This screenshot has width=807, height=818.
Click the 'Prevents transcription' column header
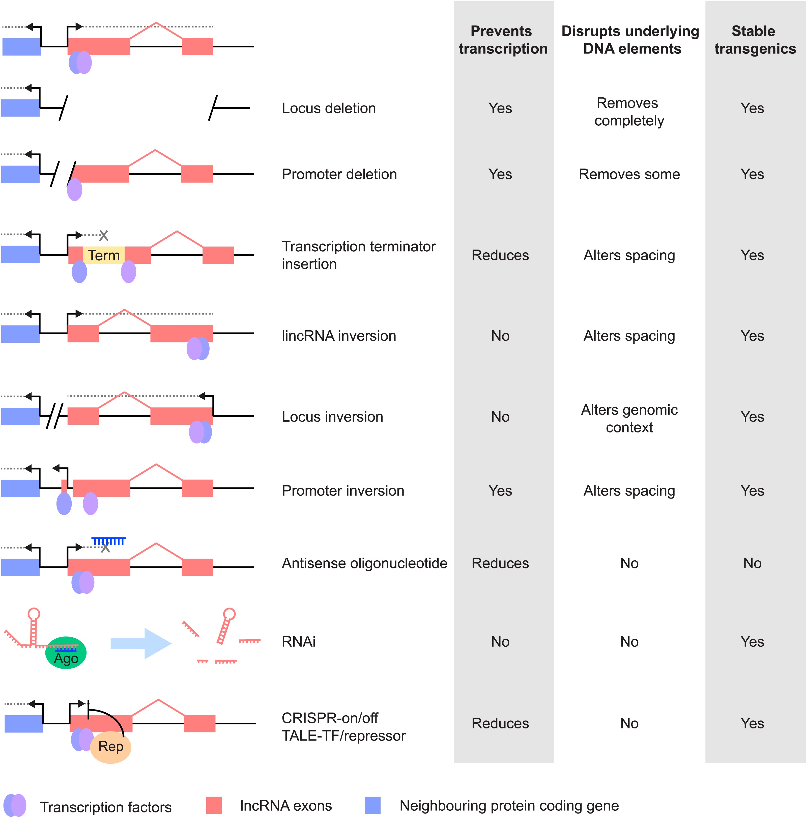503,40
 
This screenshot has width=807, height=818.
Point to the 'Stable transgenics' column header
755,40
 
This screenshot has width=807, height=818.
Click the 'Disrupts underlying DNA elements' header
630,40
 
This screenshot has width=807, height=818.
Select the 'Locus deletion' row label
329,108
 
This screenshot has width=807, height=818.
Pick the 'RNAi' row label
299,641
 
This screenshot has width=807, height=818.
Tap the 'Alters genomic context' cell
629,418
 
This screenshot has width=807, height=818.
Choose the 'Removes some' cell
629,174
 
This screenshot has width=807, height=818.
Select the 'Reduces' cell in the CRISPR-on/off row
500,723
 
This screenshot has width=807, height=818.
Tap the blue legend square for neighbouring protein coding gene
373,805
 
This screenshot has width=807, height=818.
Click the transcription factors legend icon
15,805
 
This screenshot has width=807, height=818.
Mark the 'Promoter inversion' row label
343,491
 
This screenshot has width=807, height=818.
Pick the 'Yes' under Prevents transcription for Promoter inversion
500,491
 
